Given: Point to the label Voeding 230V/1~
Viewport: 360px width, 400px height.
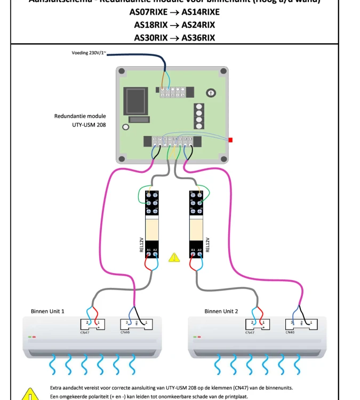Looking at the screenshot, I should (89, 53).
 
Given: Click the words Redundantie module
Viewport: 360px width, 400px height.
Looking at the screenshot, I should (80, 116).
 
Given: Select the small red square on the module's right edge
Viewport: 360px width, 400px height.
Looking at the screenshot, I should (230, 140).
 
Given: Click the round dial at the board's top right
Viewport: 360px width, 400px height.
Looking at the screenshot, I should (211, 93).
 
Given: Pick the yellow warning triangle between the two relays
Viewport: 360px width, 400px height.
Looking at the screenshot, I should (174, 258).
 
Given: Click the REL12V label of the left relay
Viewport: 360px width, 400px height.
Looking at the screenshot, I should (142, 245).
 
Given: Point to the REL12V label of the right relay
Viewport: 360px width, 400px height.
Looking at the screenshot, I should (207, 245).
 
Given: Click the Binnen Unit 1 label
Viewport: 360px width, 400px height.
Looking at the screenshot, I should (47, 311).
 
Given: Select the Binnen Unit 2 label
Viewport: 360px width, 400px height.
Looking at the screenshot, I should (221, 311).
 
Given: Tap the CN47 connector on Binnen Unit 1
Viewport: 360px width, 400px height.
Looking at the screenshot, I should (92, 324).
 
